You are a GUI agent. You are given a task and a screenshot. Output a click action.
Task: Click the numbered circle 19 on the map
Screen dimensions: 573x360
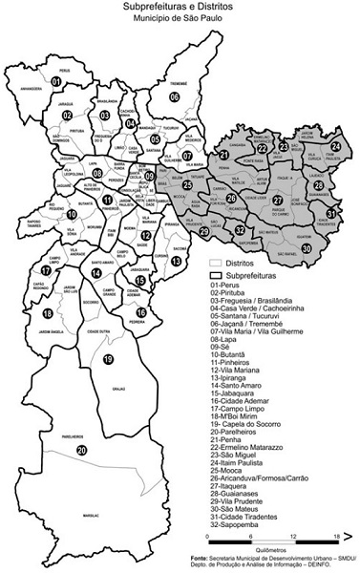(108, 359)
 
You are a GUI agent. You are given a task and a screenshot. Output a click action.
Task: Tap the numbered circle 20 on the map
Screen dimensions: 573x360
(82, 450)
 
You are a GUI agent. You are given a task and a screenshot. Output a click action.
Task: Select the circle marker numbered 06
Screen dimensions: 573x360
(175, 96)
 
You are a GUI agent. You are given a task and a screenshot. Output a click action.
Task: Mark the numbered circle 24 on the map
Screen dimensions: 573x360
(335, 146)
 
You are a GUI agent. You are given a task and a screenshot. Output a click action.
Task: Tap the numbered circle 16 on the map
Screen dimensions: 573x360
(141, 311)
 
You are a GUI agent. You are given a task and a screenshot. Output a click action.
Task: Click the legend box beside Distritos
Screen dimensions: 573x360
(216, 261)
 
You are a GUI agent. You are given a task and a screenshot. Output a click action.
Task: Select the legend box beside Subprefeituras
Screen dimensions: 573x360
(216, 273)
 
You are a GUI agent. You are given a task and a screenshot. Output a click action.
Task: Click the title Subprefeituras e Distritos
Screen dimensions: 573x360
(180, 7)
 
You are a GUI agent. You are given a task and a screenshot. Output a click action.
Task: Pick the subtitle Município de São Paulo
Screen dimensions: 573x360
(180, 18)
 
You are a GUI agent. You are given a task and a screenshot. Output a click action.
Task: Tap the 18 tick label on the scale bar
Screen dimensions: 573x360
(337, 540)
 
